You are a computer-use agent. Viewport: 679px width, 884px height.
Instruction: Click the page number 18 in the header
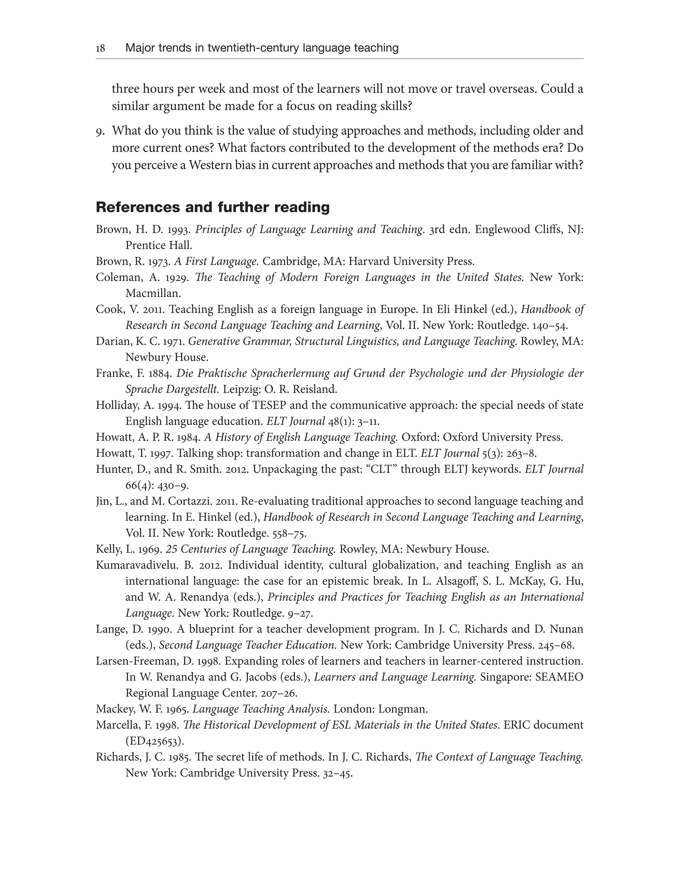click(x=100, y=48)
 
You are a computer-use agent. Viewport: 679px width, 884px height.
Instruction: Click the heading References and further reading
click(x=213, y=207)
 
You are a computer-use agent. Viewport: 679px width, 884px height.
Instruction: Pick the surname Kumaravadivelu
click(x=135, y=565)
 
